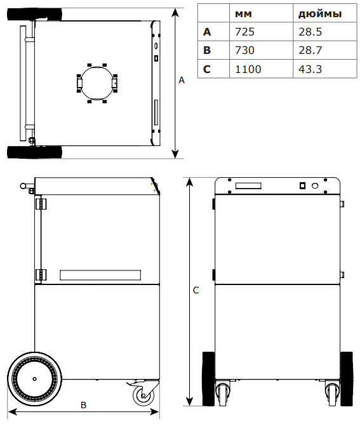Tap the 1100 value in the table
pos(248,69)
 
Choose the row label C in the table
pos(207,69)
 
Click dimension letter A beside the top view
pos(182,80)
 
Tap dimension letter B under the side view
pos(83,405)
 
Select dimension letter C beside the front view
pos(196,290)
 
